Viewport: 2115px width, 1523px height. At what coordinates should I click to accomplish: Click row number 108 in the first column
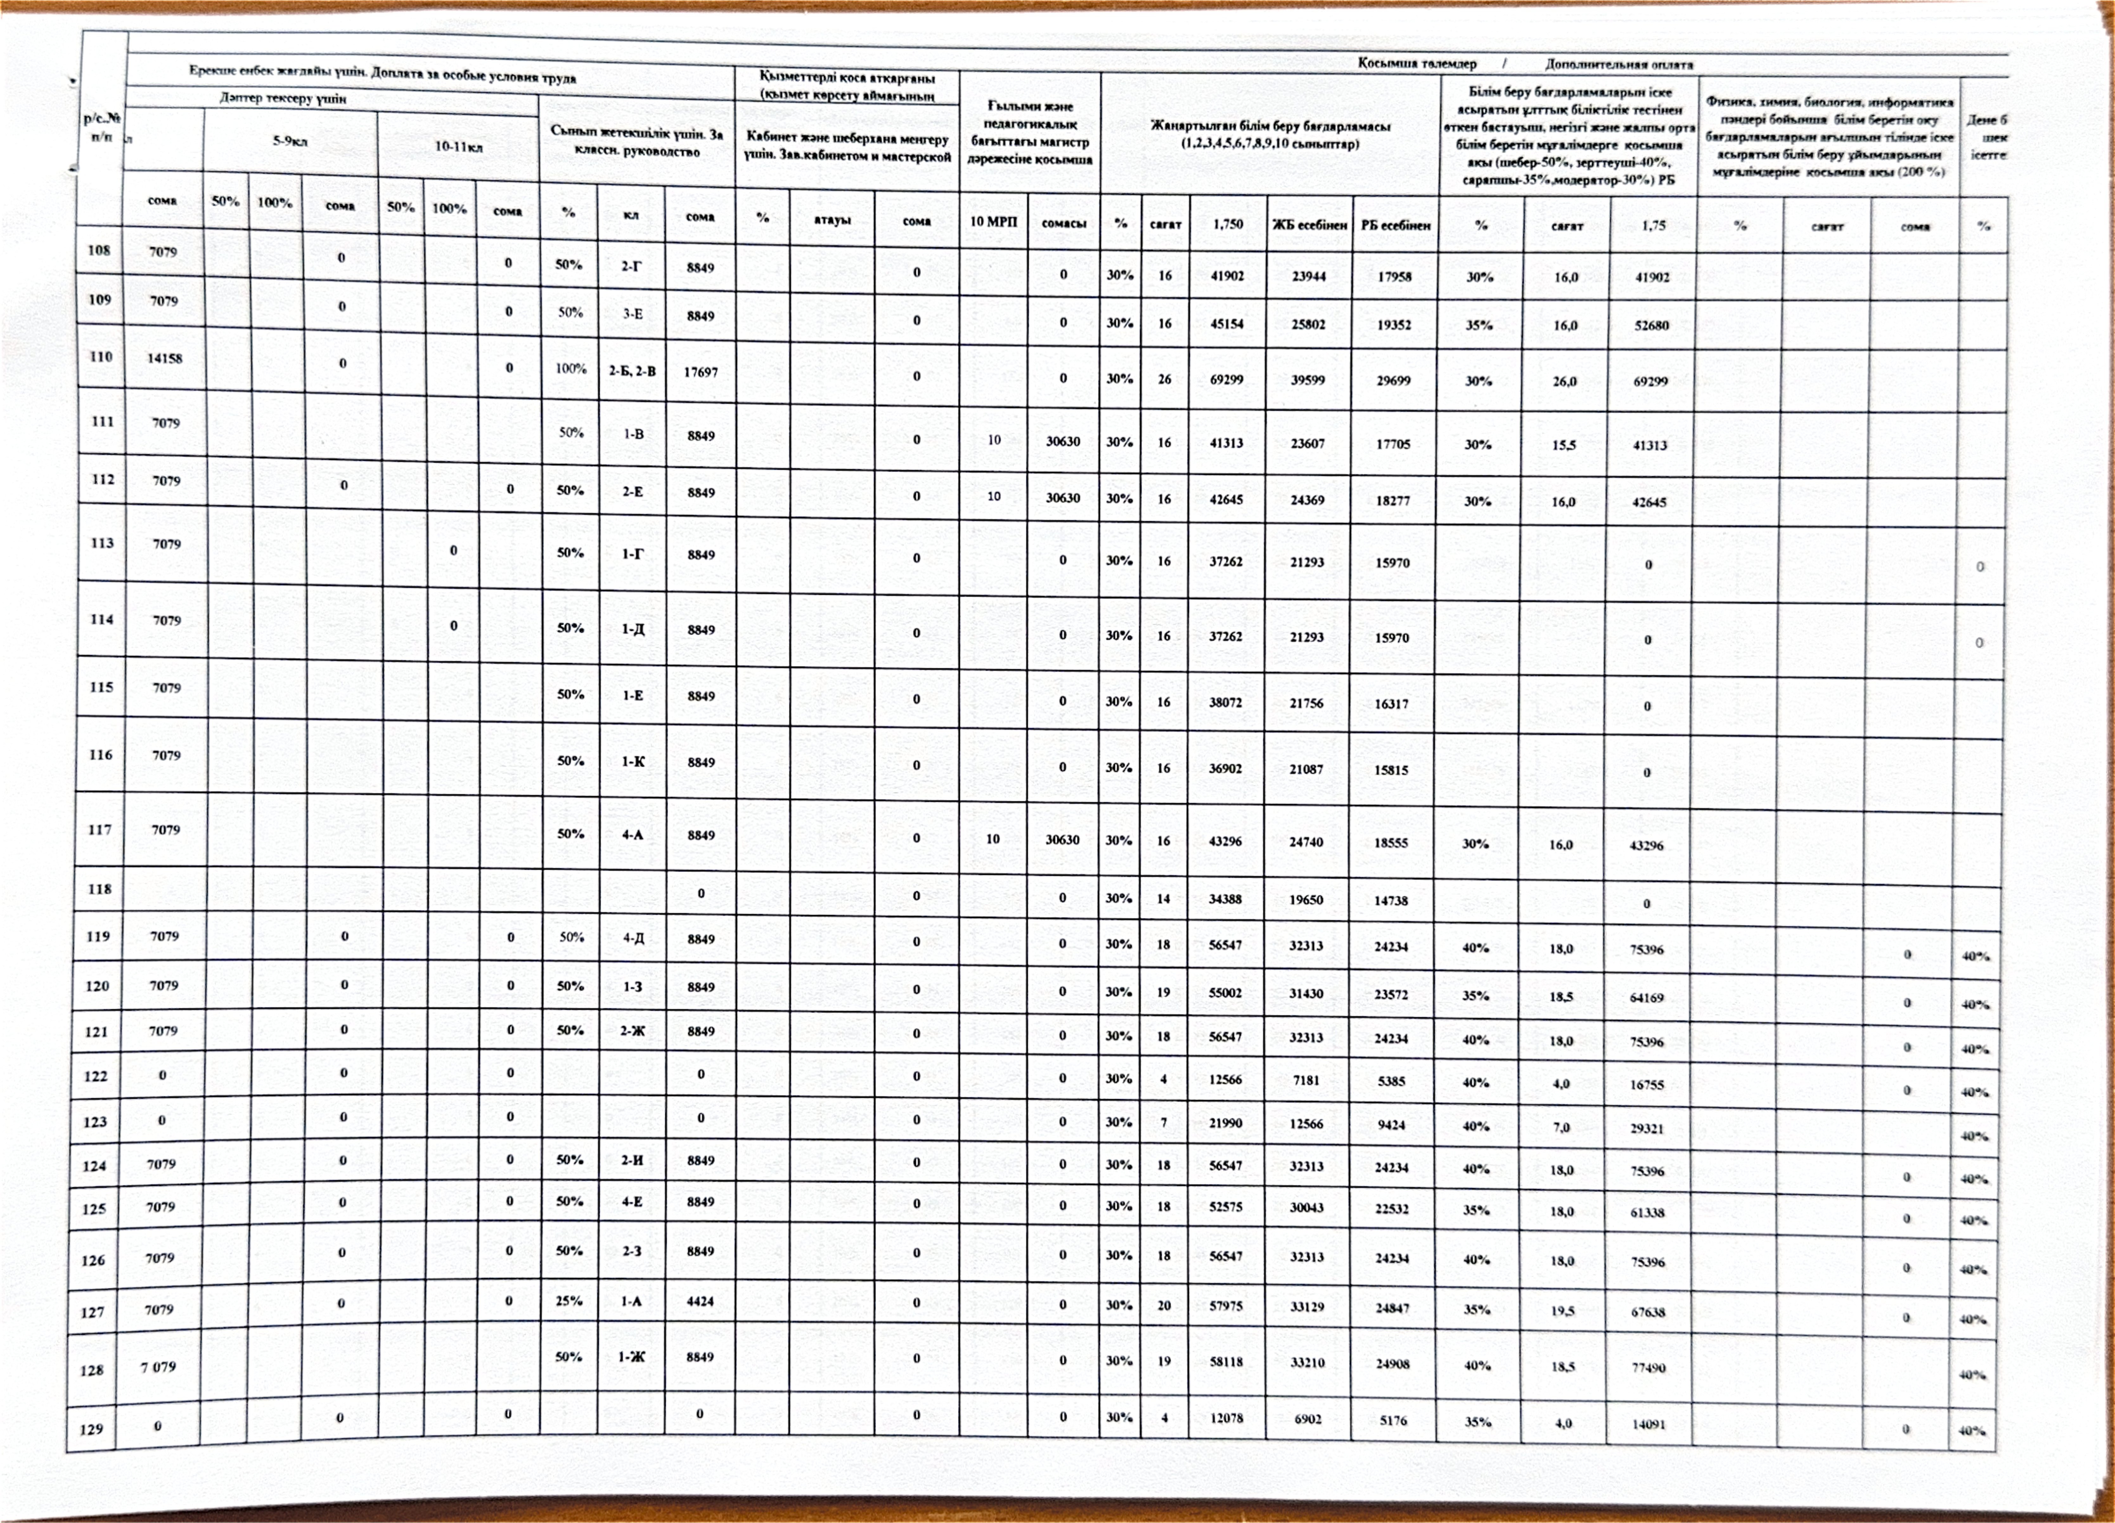pyautogui.click(x=99, y=250)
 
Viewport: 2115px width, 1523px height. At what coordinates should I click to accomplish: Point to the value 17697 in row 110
pyautogui.click(x=700, y=371)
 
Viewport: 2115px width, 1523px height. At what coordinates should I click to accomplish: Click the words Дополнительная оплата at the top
pyautogui.click(x=1619, y=64)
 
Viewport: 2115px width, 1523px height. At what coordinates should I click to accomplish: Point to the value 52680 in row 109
pyautogui.click(x=1651, y=326)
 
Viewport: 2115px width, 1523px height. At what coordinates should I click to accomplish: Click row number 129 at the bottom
pyautogui.click(x=91, y=1429)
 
